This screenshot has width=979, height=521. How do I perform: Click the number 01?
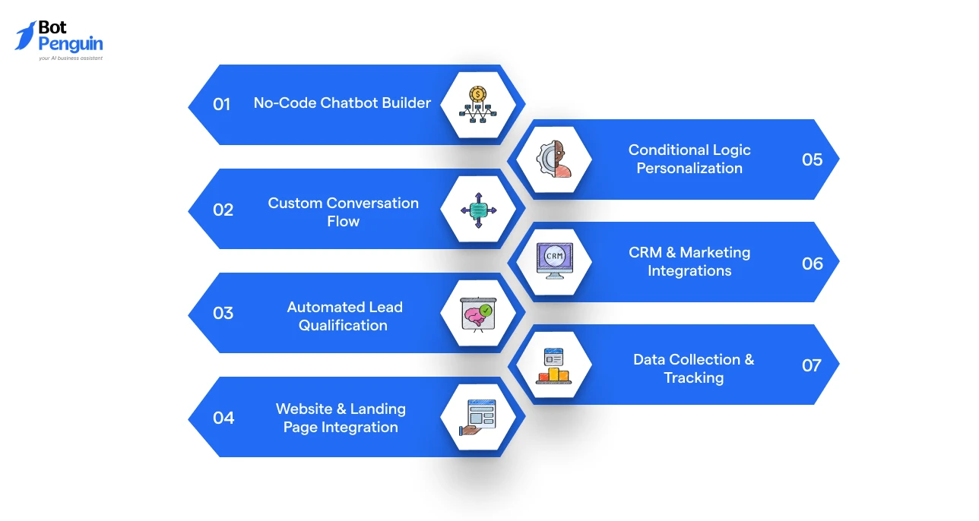pos(222,104)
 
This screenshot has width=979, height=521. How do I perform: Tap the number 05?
pos(812,159)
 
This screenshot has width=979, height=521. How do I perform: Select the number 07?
pos(812,365)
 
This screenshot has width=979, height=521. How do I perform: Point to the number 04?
pos(223,418)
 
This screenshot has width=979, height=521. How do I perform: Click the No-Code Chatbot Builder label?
pos(342,103)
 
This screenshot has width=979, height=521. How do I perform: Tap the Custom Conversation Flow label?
pos(343,212)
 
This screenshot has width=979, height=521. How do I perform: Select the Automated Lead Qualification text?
pos(344,316)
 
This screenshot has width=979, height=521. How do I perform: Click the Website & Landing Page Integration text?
pos(341,418)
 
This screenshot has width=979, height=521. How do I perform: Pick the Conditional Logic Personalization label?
pos(689,159)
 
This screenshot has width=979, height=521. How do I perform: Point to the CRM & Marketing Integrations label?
pos(689,261)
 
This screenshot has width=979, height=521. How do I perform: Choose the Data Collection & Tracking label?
pos(694,368)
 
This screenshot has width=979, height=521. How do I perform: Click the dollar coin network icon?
pos(477,104)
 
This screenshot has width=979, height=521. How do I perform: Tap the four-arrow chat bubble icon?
pos(479,210)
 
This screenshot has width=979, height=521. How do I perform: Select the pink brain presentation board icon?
pos(479,314)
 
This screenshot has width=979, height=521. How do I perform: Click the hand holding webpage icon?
pos(477,418)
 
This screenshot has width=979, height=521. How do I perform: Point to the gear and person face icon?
pos(554,159)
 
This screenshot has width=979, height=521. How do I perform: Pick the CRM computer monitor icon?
pos(555,260)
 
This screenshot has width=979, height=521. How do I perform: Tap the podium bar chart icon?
pos(554,366)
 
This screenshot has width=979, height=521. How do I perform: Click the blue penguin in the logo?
pos(25,36)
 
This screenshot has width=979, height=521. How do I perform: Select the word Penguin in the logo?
pos(71,44)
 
